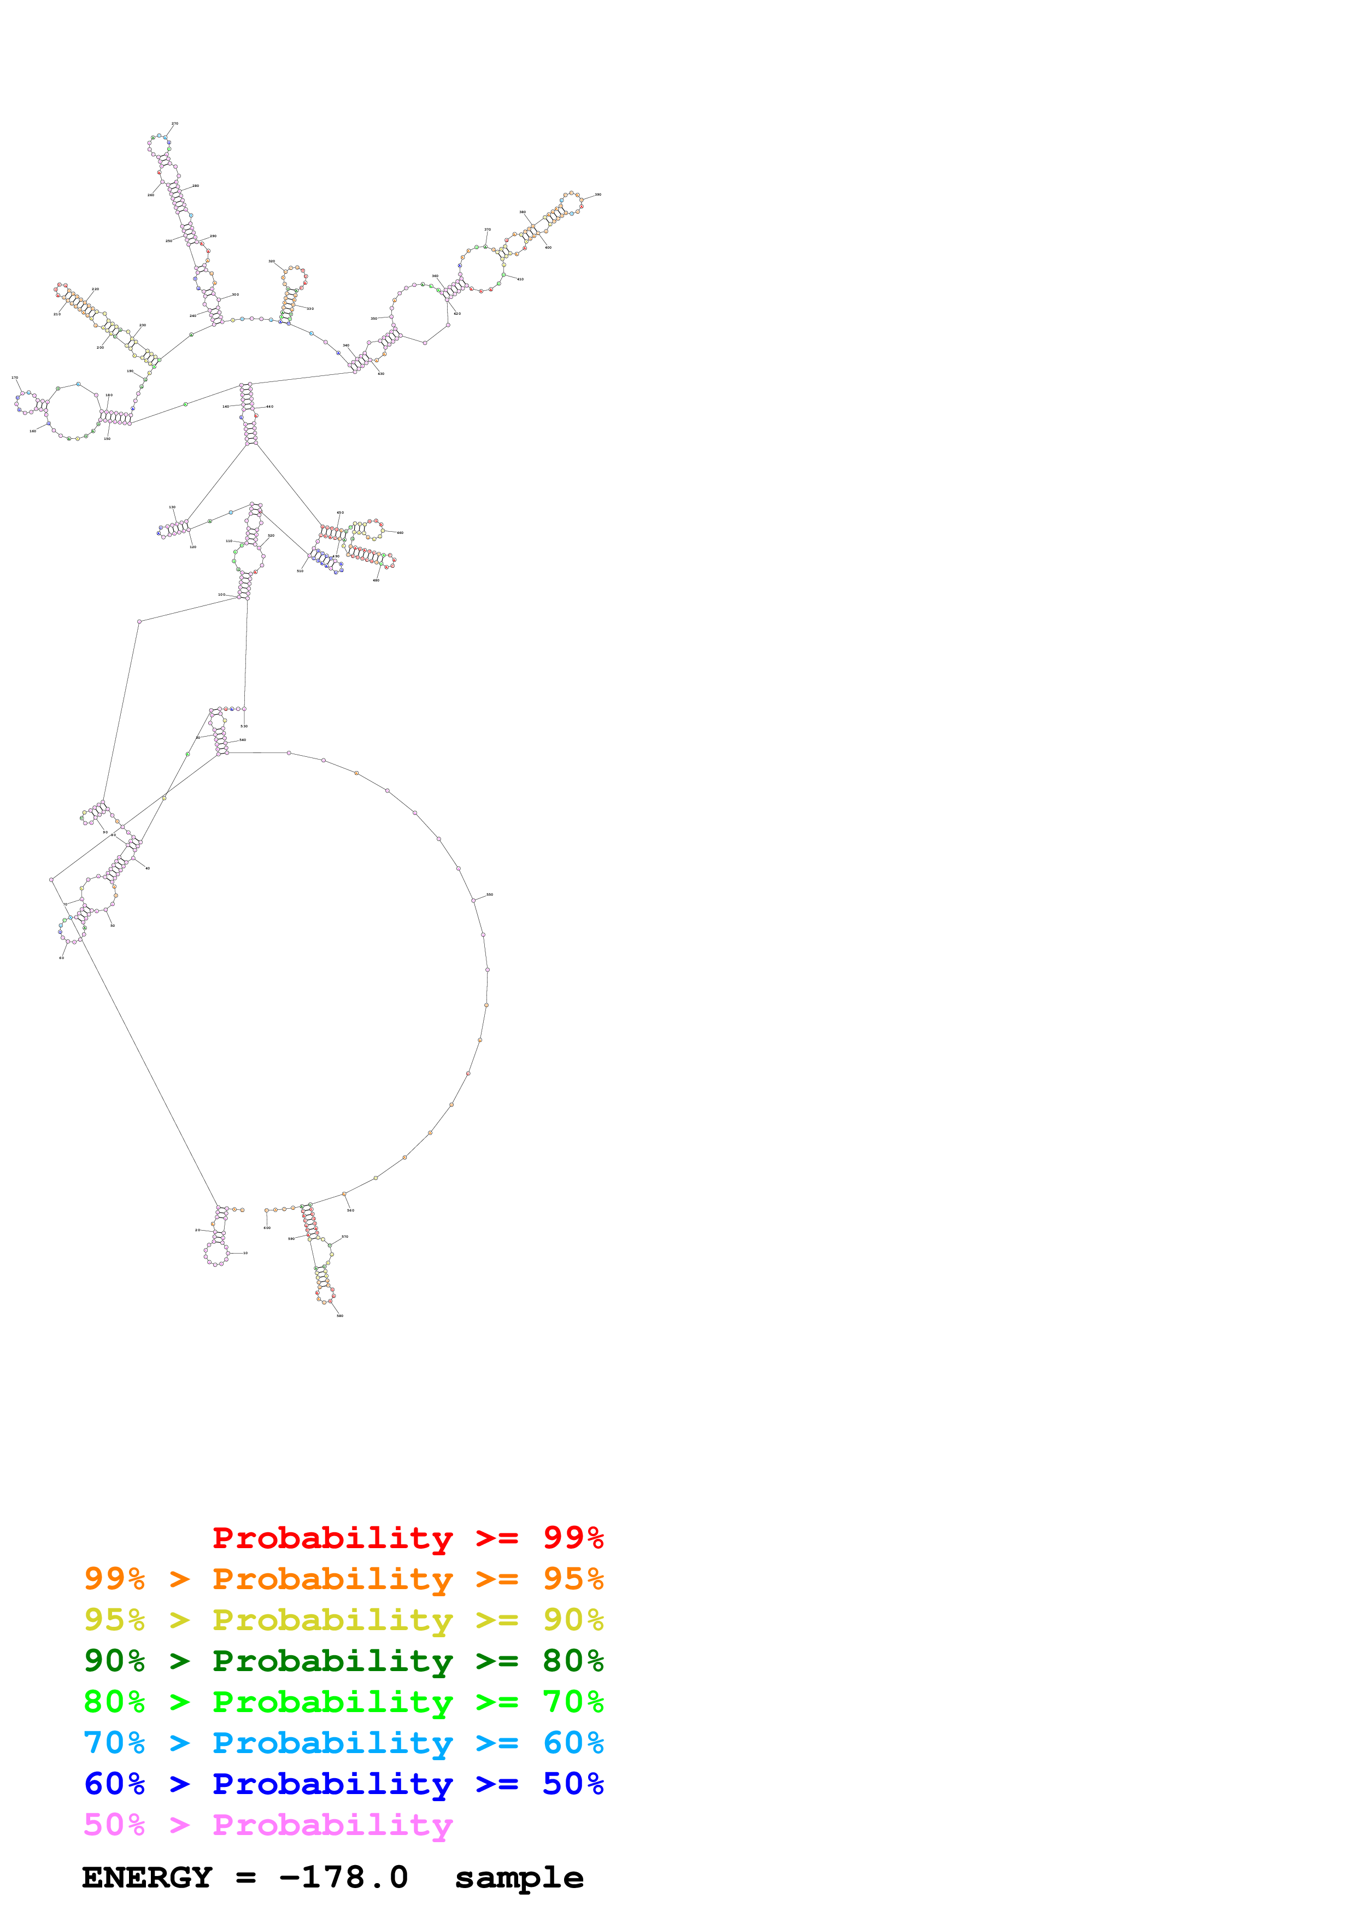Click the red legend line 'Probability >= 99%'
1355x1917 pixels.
(407, 1538)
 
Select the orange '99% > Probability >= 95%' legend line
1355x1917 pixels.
(343, 1579)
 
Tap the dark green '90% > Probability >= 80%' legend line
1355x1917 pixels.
(343, 1661)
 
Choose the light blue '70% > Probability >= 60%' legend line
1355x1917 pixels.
(343, 1743)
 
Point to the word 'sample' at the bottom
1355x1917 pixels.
(519, 1878)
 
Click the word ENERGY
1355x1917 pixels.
(147, 1878)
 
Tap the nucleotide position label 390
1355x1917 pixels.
(598, 195)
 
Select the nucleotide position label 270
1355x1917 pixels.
(488, 230)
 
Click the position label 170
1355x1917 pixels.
(14, 378)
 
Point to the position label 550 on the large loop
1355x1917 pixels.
(490, 894)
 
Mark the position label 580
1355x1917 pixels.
(340, 1316)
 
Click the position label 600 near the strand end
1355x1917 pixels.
(267, 1228)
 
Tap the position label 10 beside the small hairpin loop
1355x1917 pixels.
(245, 1253)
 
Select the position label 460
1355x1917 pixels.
(401, 533)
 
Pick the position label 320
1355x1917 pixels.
(271, 261)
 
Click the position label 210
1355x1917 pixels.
(57, 314)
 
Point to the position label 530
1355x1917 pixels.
(244, 726)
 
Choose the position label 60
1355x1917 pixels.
(61, 957)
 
